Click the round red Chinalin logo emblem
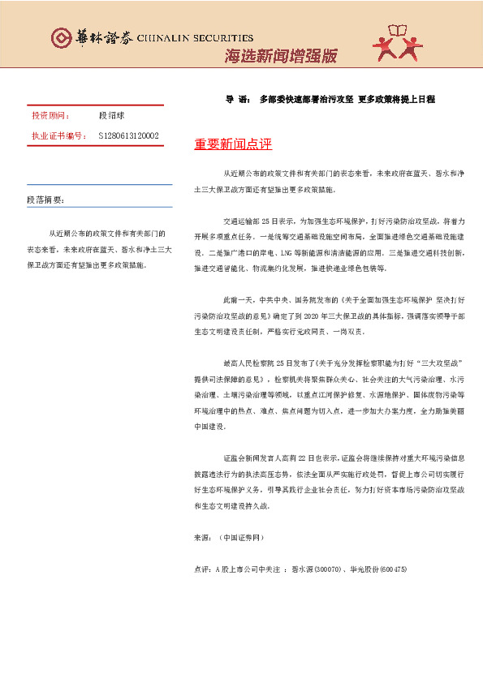coord(61,38)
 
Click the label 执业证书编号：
coord(58,135)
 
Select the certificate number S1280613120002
coord(128,135)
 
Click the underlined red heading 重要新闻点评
coord(232,144)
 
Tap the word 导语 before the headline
coord(237,99)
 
